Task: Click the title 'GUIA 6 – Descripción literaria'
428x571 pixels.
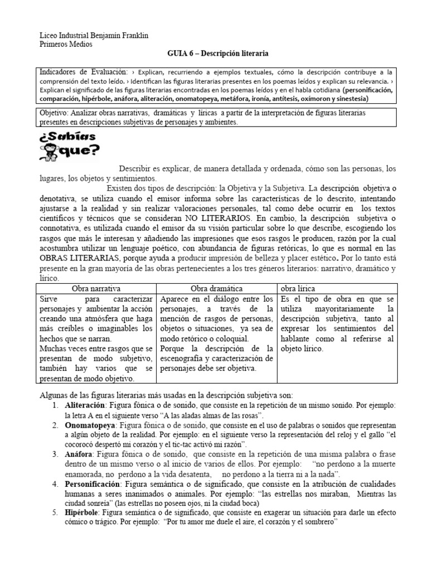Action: point(218,54)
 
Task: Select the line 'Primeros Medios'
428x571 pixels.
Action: point(62,44)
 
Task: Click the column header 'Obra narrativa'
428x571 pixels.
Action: point(96,288)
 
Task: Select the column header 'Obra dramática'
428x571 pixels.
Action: point(217,288)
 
